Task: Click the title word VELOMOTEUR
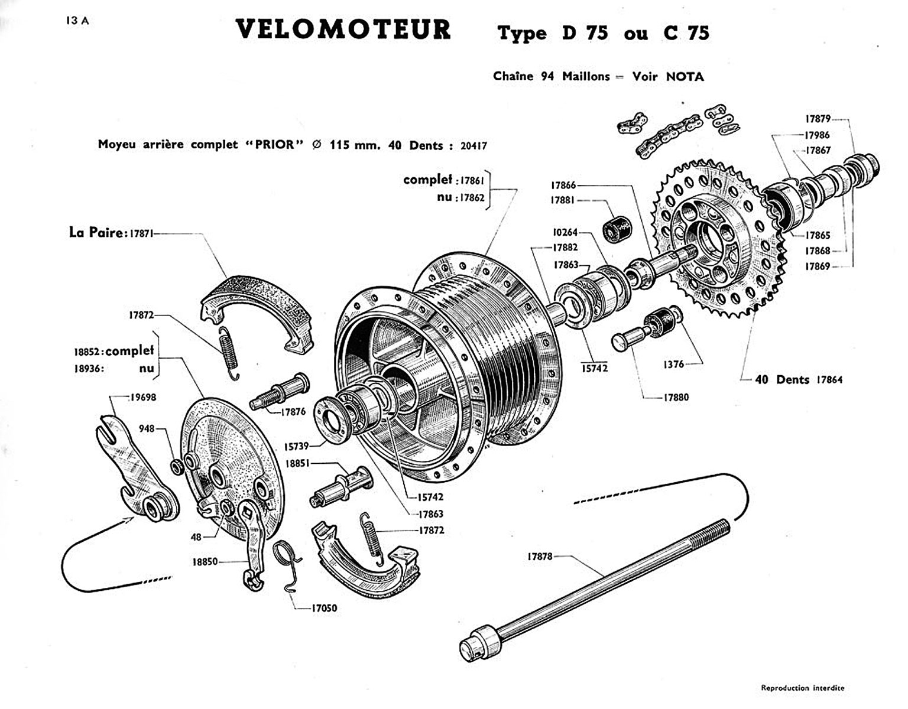tap(343, 30)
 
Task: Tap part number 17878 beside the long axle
tap(540, 556)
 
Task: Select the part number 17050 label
tap(325, 607)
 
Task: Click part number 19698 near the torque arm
tap(143, 398)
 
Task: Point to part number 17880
tap(675, 398)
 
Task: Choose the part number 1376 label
tap(673, 364)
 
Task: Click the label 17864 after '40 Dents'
tap(829, 380)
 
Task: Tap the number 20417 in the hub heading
tap(474, 145)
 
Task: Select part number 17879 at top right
tap(818, 119)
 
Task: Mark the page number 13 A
tap(78, 21)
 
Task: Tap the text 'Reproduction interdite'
tap(802, 688)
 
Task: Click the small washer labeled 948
tap(177, 466)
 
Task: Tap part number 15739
tap(297, 446)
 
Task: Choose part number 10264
tap(565, 232)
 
